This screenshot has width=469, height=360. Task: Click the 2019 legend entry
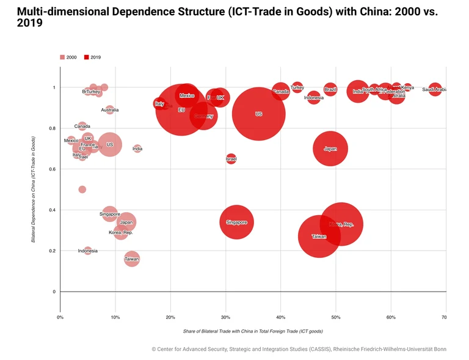pyautogui.click(x=92, y=57)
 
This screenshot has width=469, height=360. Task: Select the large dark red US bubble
pyautogui.click(x=258, y=114)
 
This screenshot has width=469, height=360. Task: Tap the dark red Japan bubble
pyautogui.click(x=330, y=149)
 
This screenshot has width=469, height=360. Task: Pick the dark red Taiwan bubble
pyautogui.click(x=319, y=236)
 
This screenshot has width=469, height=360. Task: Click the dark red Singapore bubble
pyautogui.click(x=236, y=222)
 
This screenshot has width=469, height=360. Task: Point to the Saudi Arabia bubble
pyautogui.click(x=435, y=89)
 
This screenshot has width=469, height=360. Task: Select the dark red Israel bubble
pyautogui.click(x=231, y=159)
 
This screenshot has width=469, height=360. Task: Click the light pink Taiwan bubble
pyautogui.click(x=132, y=259)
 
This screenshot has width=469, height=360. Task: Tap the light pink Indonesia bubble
pyautogui.click(x=88, y=251)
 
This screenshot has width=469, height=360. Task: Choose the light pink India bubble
pyautogui.click(x=137, y=149)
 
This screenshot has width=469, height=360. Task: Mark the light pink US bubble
pyautogui.click(x=110, y=144)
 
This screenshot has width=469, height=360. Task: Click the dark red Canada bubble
pyautogui.click(x=280, y=92)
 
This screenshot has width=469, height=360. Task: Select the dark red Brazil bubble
pyautogui.click(x=330, y=90)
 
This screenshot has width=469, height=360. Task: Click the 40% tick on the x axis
pyautogui.click(x=280, y=317)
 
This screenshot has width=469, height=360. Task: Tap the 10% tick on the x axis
pyautogui.click(x=115, y=317)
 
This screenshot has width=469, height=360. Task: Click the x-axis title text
pyautogui.click(x=252, y=331)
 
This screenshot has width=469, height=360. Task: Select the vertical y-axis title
pyautogui.click(x=33, y=189)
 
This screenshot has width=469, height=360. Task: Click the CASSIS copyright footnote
pyautogui.click(x=299, y=349)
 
